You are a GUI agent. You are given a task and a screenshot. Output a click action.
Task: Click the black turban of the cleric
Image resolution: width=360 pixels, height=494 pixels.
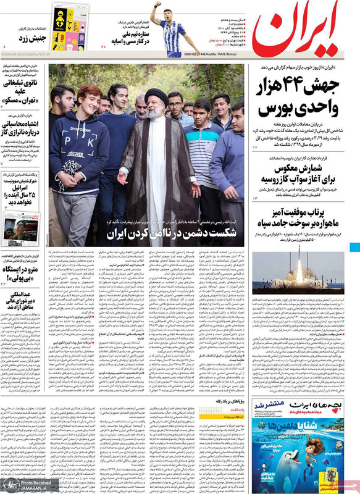point(153,96)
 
